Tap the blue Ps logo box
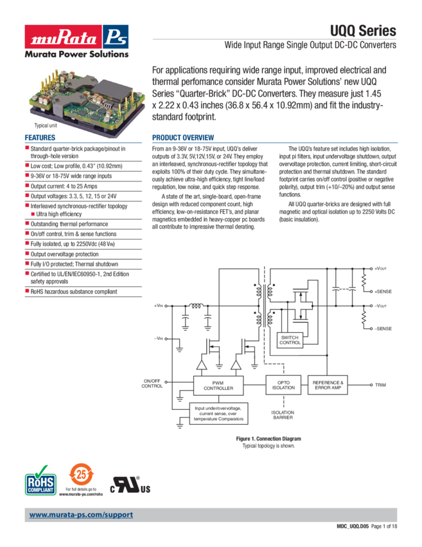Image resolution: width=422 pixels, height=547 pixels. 116,37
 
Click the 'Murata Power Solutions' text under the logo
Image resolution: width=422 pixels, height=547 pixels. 75,55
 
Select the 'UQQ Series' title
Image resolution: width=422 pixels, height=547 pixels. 363,32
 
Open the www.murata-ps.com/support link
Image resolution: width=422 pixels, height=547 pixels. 81,515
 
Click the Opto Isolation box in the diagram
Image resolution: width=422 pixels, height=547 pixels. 283,385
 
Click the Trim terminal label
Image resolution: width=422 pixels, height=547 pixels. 380,385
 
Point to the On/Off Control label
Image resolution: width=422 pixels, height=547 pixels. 152,384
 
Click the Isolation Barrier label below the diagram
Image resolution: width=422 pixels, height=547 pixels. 283,414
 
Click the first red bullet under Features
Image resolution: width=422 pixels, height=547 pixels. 26,149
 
